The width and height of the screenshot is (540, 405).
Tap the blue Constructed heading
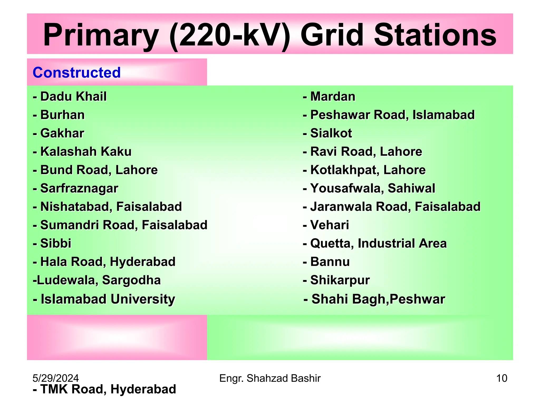pos(76,73)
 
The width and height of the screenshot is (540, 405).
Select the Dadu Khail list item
pos(70,97)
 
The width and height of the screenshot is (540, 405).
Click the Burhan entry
pos(59,115)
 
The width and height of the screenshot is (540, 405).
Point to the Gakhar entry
pos(59,133)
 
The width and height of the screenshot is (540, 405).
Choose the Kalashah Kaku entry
pos(82,152)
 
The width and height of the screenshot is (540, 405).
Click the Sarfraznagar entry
pos(76,188)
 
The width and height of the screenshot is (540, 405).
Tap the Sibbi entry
pos(52,243)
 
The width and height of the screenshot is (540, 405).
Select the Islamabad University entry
pos(104,299)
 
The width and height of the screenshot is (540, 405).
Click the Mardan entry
pos(329,97)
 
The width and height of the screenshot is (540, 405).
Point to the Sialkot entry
pos(327,133)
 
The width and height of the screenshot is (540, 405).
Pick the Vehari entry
pos(326,225)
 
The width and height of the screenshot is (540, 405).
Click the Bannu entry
pos(326,262)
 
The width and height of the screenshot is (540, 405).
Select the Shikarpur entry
pos(336,280)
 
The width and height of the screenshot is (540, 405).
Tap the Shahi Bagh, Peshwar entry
pos(374,299)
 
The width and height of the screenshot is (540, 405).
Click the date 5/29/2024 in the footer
pos(56,378)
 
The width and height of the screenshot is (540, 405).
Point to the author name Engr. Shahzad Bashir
pos(270,378)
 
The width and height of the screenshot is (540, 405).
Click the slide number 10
pos(502,378)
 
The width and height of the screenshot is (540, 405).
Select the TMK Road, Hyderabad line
pos(104,389)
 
